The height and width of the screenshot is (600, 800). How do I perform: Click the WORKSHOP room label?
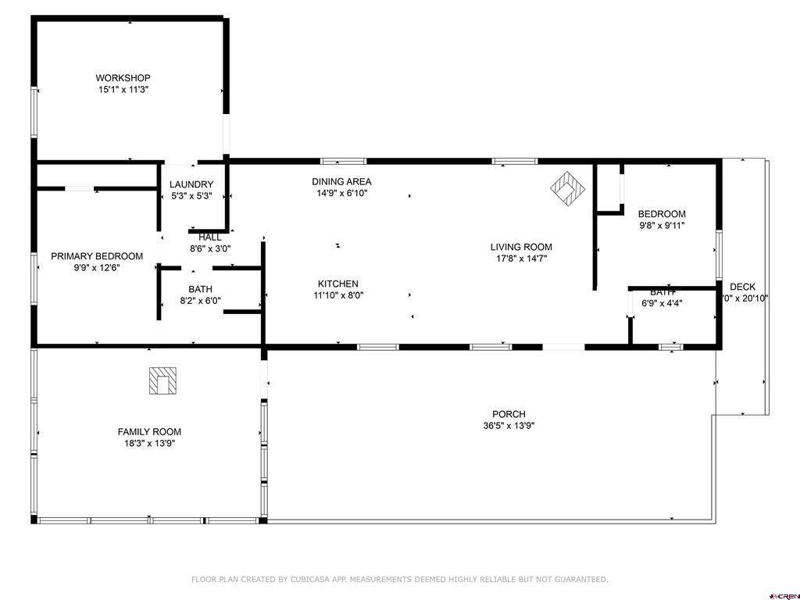coord(123,78)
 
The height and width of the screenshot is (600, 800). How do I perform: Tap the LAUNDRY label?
coord(191,185)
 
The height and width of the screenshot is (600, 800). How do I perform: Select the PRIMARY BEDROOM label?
coord(97,256)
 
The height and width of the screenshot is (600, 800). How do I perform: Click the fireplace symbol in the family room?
coord(162,380)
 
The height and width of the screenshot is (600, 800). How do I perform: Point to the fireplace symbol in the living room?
coord(568,187)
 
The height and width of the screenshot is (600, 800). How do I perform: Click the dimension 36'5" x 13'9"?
coord(509,426)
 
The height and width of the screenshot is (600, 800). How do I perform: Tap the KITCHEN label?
coord(337,284)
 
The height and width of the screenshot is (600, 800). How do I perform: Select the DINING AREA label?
coord(341,182)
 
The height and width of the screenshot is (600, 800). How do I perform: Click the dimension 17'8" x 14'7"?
coord(521,259)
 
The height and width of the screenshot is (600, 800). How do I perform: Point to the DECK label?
coord(742,287)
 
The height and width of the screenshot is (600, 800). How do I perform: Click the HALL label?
coord(209,237)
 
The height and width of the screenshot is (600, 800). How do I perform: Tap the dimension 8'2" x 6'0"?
coord(200,301)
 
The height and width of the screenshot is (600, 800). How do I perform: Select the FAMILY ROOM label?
coord(149,432)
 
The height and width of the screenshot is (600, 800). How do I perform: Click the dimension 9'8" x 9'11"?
coord(662,226)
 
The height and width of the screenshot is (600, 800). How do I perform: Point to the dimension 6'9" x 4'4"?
coord(662,304)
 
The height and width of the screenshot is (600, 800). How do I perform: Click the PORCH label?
coord(509,414)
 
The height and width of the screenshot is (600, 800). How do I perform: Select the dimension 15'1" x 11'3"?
coord(123,90)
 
